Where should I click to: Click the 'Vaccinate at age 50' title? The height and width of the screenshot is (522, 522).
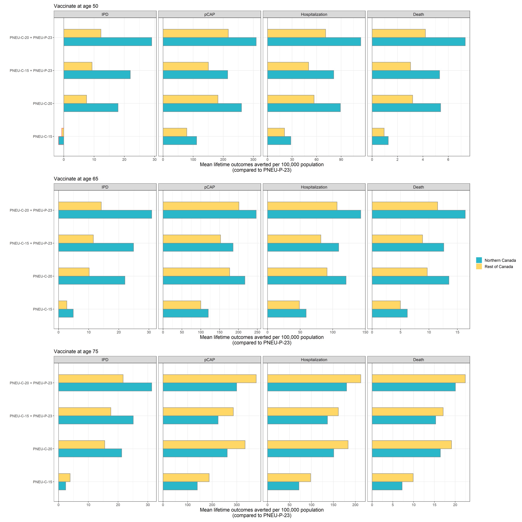pos(76,6)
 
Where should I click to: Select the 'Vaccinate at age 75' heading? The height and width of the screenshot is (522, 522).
pos(76,351)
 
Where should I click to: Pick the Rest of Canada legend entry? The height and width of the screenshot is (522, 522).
pos(498,267)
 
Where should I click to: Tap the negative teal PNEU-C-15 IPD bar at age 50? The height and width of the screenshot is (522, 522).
pos(61,141)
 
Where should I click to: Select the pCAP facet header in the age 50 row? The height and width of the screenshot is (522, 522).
pos(209,14)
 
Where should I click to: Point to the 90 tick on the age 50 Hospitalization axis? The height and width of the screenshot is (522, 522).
pos(341,160)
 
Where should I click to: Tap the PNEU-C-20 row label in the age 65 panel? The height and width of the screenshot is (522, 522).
pos(42,276)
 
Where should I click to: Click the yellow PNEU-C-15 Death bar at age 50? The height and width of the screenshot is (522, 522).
pos(378,132)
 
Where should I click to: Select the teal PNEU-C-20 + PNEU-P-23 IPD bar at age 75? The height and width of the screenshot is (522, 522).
pos(105,387)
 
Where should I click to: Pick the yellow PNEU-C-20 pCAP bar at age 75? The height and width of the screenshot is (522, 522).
pos(204,445)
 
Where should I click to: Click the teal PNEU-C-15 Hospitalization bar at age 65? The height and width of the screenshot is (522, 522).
pos(286,313)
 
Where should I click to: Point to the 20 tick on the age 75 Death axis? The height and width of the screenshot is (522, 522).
pos(455,505)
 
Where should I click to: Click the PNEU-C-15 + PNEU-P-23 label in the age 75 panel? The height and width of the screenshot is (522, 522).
pos(31,416)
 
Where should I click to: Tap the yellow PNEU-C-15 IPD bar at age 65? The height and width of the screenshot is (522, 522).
pos(62,305)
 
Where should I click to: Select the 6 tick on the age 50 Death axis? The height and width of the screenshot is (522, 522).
pos(448,160)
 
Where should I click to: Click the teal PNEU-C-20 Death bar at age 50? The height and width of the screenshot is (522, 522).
pos(406,108)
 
